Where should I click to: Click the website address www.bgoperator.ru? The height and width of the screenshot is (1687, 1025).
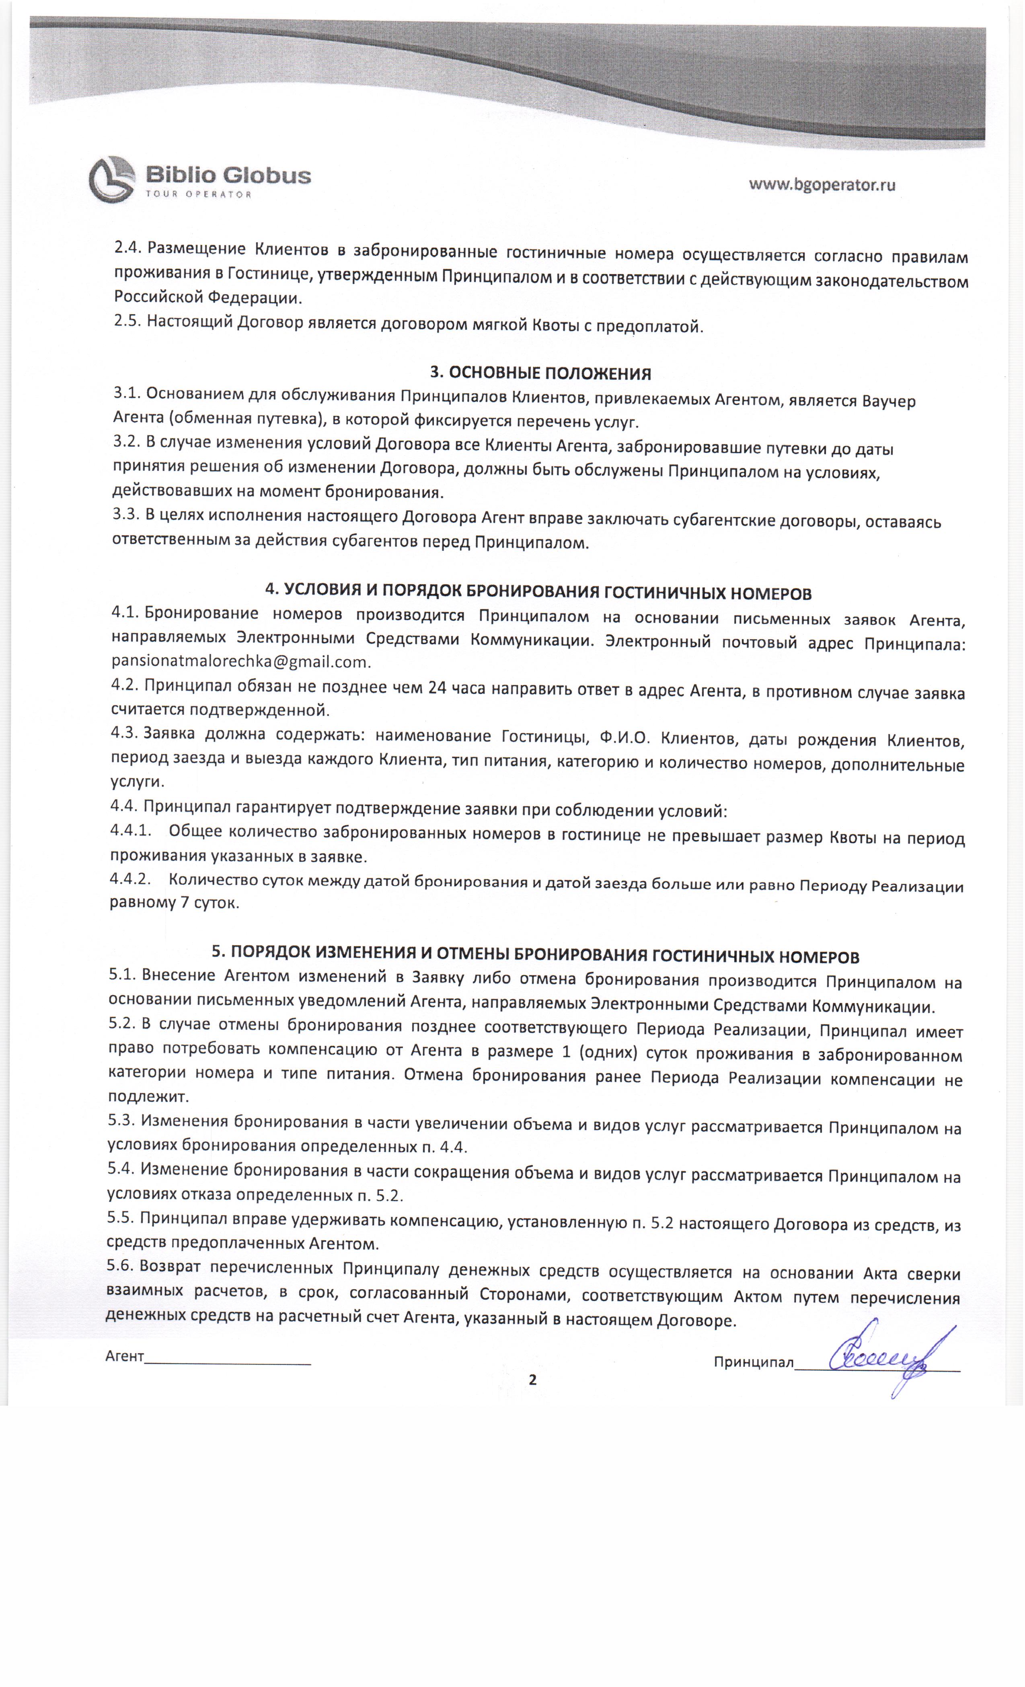(822, 185)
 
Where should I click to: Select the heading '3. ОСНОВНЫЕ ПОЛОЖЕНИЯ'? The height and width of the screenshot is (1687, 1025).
(540, 373)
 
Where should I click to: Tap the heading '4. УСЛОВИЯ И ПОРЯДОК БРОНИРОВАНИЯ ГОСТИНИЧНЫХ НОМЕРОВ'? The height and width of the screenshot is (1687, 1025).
(538, 591)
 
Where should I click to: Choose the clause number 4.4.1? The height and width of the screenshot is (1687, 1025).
(130, 830)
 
